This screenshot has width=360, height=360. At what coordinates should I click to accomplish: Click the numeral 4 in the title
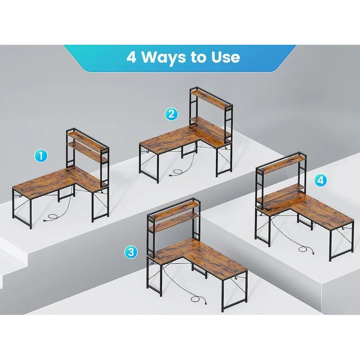pyautogui.click(x=131, y=57)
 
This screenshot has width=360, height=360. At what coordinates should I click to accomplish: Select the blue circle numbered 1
pyautogui.click(x=41, y=156)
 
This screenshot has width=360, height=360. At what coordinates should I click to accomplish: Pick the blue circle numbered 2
pyautogui.click(x=171, y=114)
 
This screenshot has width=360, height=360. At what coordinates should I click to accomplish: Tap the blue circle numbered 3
pyautogui.click(x=131, y=252)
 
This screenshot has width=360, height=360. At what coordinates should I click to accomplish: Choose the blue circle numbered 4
pyautogui.click(x=320, y=180)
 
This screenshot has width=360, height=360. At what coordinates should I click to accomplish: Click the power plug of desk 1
pyautogui.click(x=46, y=220)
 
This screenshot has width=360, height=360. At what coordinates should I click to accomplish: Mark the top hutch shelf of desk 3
pyautogui.click(x=174, y=207)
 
